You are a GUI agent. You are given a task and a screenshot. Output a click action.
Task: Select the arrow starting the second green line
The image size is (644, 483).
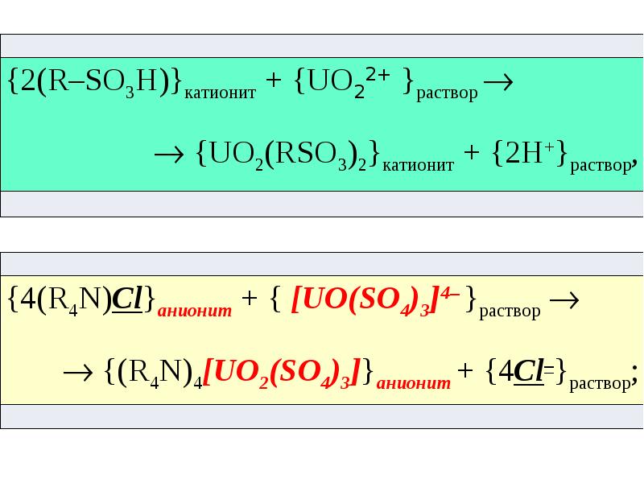click(171, 154)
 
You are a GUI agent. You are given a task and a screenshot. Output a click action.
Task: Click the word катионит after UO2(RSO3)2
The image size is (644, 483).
click(418, 164)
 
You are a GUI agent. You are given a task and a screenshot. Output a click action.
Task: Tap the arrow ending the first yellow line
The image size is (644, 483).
click(563, 299)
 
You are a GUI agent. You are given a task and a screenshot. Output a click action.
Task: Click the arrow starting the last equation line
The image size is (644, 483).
click(80, 372)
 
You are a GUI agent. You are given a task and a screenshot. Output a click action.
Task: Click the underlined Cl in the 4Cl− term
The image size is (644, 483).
click(527, 373)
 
